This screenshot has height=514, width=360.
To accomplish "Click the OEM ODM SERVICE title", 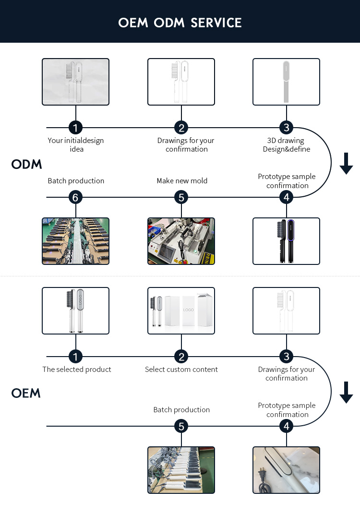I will click(x=180, y=23).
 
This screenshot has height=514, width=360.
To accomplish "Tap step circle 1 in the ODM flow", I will click(x=75, y=128).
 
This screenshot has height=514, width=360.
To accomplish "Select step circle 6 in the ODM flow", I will click(x=75, y=197).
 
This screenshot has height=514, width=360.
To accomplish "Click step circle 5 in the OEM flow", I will click(x=181, y=426).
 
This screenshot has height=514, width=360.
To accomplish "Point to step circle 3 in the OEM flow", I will click(x=286, y=357).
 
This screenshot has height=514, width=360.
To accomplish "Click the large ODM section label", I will click(x=27, y=165).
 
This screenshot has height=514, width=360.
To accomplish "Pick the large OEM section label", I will click(x=26, y=394).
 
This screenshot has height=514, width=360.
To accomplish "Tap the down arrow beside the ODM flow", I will click(x=346, y=164).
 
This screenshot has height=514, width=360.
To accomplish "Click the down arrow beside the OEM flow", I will click(x=346, y=393).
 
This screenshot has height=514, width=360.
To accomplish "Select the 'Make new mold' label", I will click(x=182, y=181).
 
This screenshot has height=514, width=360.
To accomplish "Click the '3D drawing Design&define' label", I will click(x=286, y=145).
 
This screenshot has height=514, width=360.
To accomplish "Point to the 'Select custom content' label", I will click(x=181, y=370).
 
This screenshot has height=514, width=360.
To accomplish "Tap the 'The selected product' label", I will click(x=77, y=370).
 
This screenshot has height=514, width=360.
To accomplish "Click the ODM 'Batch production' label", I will click(x=76, y=181).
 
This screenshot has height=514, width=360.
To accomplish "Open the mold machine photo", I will click(x=181, y=241).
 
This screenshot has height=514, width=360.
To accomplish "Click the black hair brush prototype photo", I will click(x=286, y=241).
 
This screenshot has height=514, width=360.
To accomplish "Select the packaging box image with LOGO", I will click(x=181, y=311).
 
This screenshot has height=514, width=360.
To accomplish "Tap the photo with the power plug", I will click(x=286, y=470).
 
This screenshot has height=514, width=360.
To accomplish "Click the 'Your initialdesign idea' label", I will click(x=76, y=145).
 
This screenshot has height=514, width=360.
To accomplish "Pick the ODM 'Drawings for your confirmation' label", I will click(x=186, y=145).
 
